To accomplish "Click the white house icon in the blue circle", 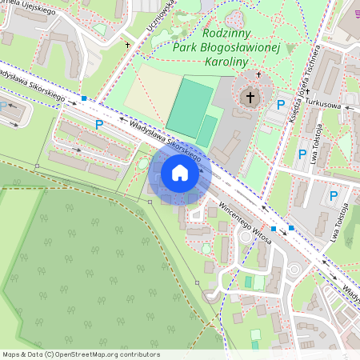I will (x=180, y=173).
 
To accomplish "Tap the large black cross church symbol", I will (x=250, y=98).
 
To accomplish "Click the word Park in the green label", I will (x=185, y=46).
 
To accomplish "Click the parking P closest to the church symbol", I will (x=280, y=105).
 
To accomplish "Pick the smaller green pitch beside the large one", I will (x=207, y=130).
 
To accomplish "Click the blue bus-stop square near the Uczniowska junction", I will (x=84, y=98).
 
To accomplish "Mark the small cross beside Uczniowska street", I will (x=128, y=46).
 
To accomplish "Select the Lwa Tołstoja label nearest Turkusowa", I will (x=318, y=137).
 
